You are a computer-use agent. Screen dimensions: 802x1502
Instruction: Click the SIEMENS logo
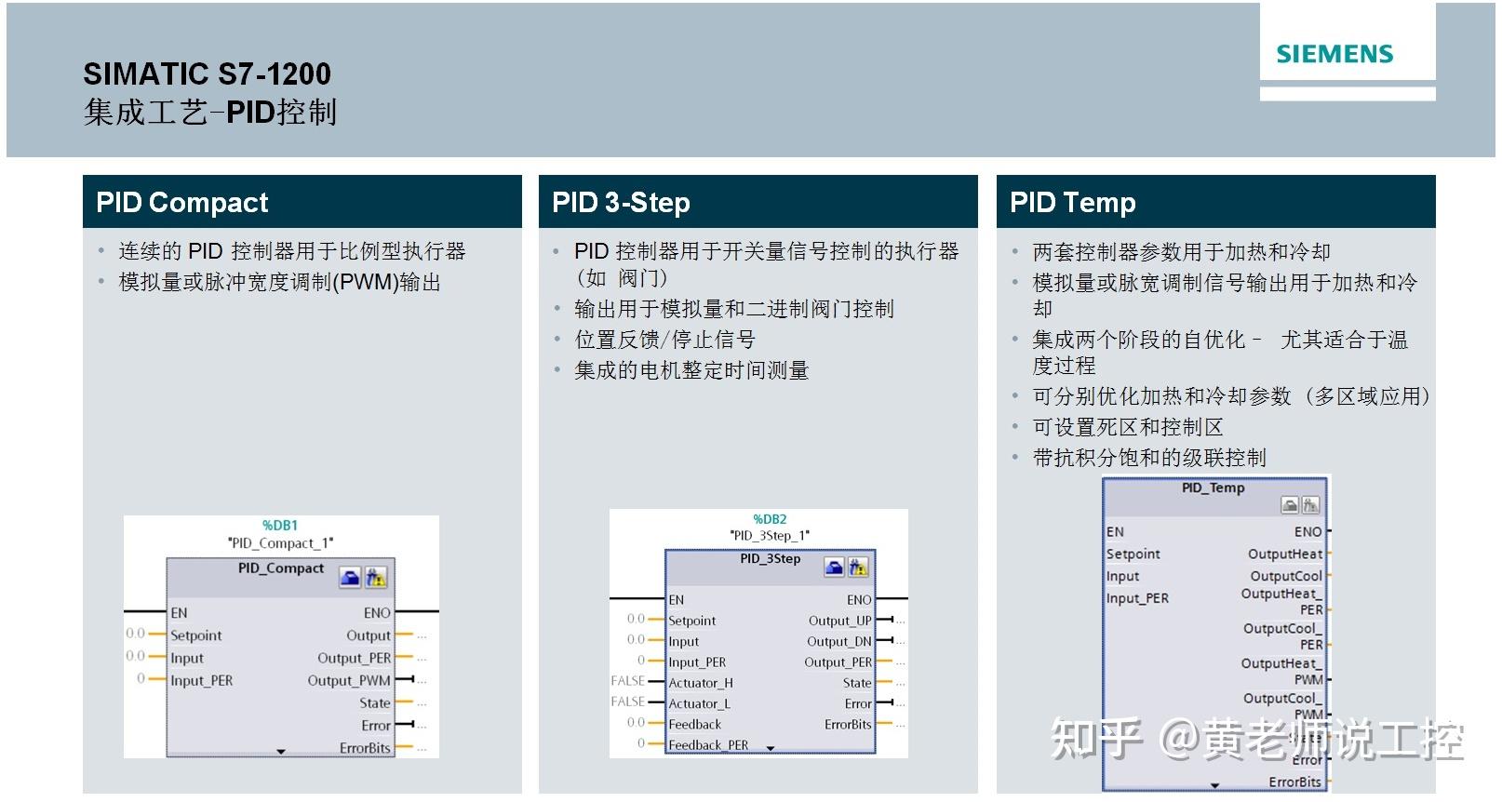1334,54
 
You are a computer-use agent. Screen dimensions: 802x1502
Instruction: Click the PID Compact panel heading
182,202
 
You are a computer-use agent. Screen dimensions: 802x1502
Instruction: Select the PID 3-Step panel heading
621,202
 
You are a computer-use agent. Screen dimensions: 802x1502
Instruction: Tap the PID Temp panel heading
1072,202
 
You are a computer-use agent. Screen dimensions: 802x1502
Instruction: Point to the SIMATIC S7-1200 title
207,74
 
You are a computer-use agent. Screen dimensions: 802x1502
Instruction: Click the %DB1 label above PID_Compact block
280,526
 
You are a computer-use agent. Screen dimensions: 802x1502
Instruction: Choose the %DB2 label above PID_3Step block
770,519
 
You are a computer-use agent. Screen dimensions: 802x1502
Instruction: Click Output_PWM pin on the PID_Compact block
349,680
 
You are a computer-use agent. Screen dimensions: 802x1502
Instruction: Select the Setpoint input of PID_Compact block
196,635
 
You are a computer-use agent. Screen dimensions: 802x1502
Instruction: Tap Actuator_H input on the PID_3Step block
701,683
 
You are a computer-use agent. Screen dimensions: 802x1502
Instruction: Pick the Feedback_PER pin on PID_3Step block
708,744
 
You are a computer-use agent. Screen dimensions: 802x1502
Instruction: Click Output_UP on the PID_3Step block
839,621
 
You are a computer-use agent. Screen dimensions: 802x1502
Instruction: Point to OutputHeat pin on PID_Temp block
1284,554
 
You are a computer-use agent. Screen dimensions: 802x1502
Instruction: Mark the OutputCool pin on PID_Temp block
1286,576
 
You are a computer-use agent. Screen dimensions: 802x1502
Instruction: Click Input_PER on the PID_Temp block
1137,598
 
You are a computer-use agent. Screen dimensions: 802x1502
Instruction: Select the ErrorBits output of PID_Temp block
1294,782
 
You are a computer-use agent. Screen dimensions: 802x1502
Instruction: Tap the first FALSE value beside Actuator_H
628,681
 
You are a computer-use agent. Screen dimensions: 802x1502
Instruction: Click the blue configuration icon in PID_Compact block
350,578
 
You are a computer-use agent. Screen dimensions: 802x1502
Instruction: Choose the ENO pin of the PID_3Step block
859,600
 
